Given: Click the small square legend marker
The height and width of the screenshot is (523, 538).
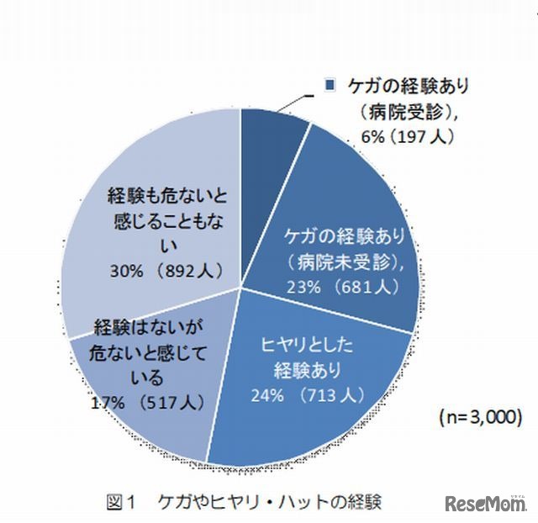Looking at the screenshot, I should (330, 85).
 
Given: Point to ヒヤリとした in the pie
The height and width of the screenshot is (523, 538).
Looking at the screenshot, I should (308, 345).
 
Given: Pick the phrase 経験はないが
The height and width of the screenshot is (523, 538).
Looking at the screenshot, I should (144, 325).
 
